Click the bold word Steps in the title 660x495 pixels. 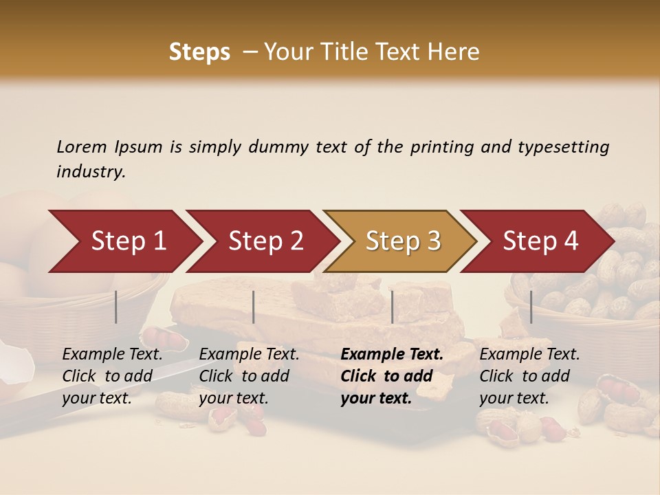tap(199, 52)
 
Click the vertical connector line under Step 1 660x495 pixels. tap(116, 307)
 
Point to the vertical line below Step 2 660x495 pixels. tap(254, 307)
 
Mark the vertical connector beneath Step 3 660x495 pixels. tap(393, 307)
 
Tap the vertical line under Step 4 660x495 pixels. tap(531, 307)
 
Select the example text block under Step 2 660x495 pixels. tap(249, 376)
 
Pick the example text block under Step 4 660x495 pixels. tap(529, 376)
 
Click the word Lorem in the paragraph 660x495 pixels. tap(82, 146)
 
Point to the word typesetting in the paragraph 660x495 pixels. tap(563, 146)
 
